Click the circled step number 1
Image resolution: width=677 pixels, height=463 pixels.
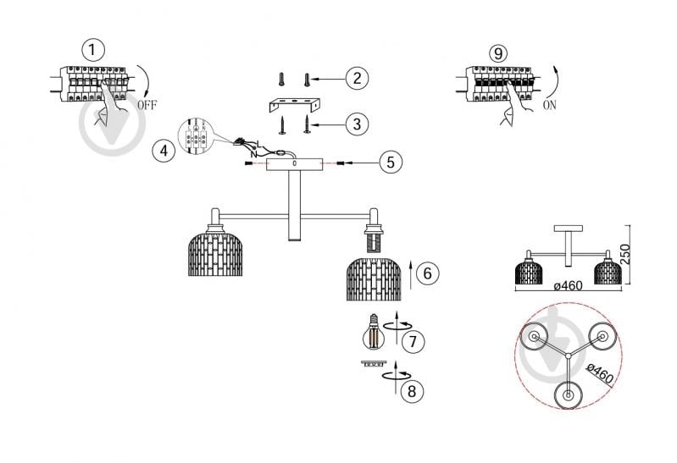pos(92,50)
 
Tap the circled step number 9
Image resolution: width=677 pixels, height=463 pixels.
pos(498,53)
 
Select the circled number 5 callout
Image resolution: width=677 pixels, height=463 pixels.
pos(391,163)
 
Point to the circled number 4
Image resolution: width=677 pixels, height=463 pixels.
pos(164,151)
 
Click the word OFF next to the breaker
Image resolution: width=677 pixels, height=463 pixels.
pos(147,105)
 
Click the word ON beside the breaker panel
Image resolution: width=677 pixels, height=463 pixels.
pos(550,105)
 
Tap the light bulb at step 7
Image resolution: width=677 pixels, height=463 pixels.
pos(374,332)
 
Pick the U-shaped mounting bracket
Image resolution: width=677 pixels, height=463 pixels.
pos(295,105)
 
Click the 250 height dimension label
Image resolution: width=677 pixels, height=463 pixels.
pos(625,254)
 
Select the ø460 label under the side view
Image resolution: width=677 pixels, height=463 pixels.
pos(569,285)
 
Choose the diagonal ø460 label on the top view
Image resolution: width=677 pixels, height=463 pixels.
pos(600,373)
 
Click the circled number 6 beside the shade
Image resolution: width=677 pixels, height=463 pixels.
pos(427,273)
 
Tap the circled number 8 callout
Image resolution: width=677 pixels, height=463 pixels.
pos(412,391)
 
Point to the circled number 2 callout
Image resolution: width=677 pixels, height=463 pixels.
pos(357,78)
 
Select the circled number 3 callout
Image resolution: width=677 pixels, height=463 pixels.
pos(357,124)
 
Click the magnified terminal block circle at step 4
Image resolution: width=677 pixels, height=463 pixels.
pos(196,135)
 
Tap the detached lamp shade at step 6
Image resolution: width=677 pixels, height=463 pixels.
pos(374,278)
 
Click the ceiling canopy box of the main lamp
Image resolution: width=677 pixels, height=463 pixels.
pos(295,164)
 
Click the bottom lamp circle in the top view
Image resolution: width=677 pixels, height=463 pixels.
pos(569,394)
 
